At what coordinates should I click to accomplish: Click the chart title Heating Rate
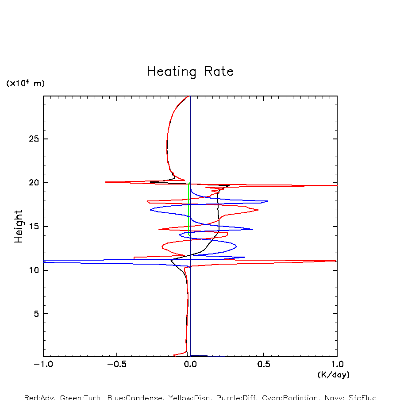coord(190,72)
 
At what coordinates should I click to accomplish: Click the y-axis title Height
coord(19,227)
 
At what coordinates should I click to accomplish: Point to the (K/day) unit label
coord(334,375)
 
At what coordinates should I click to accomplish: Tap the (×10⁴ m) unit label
coord(25,83)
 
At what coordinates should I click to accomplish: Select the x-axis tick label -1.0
coord(43,365)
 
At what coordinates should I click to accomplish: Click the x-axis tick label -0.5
coord(117,365)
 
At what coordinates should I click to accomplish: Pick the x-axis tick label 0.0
coord(190,365)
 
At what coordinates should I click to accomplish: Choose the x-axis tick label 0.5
coord(264,365)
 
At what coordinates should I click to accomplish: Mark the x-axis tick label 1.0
coord(337,365)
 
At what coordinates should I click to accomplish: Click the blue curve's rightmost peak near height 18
coord(268,201)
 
